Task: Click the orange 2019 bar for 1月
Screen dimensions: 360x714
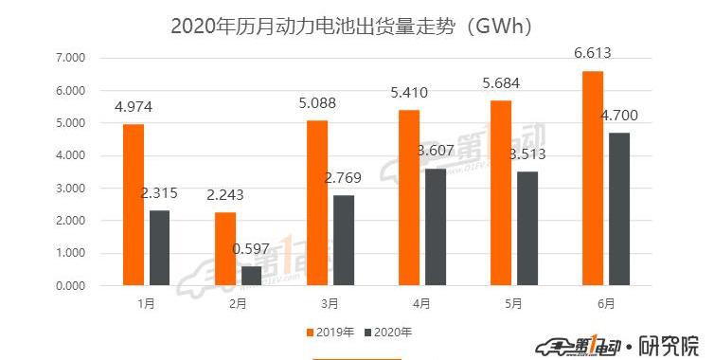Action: pos(133,205)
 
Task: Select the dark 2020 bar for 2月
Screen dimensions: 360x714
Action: pos(251,275)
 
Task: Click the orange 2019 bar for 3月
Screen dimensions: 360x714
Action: pos(316,203)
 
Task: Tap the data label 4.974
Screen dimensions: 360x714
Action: pos(134,108)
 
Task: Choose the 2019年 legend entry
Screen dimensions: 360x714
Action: pos(332,333)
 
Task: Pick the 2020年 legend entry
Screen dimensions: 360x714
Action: pos(389,333)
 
